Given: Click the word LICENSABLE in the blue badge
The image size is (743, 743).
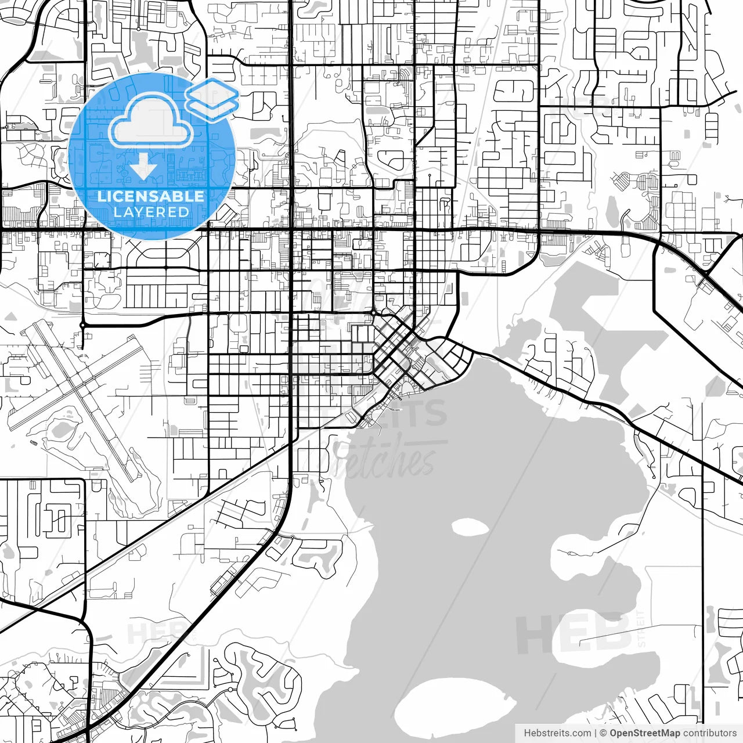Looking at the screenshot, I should (151, 196).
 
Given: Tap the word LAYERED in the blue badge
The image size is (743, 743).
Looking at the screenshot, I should (151, 212).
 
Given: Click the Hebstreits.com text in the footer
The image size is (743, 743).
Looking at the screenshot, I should (557, 733).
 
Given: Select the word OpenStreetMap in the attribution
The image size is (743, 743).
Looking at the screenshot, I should (644, 733).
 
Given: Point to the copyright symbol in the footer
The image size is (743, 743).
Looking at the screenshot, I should (603, 733).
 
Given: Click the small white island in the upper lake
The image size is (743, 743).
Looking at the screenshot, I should (469, 527).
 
